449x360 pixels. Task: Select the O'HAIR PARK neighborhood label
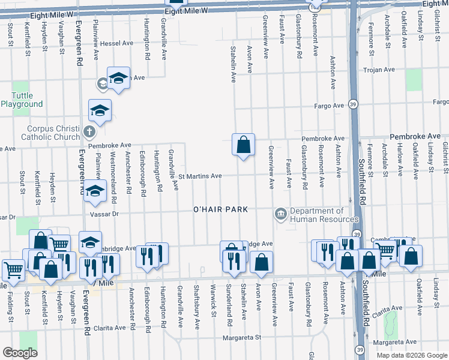[221, 209]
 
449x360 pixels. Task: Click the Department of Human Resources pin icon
[280, 214]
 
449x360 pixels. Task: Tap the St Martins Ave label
[200, 176]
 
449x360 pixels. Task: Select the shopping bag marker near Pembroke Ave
[243, 145]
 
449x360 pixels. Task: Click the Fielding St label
[10, 308]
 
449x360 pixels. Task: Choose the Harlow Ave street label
[399, 155]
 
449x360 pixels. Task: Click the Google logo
[20, 353]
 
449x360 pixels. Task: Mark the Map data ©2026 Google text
[412, 355]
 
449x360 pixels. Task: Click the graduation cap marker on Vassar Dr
[94, 191]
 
